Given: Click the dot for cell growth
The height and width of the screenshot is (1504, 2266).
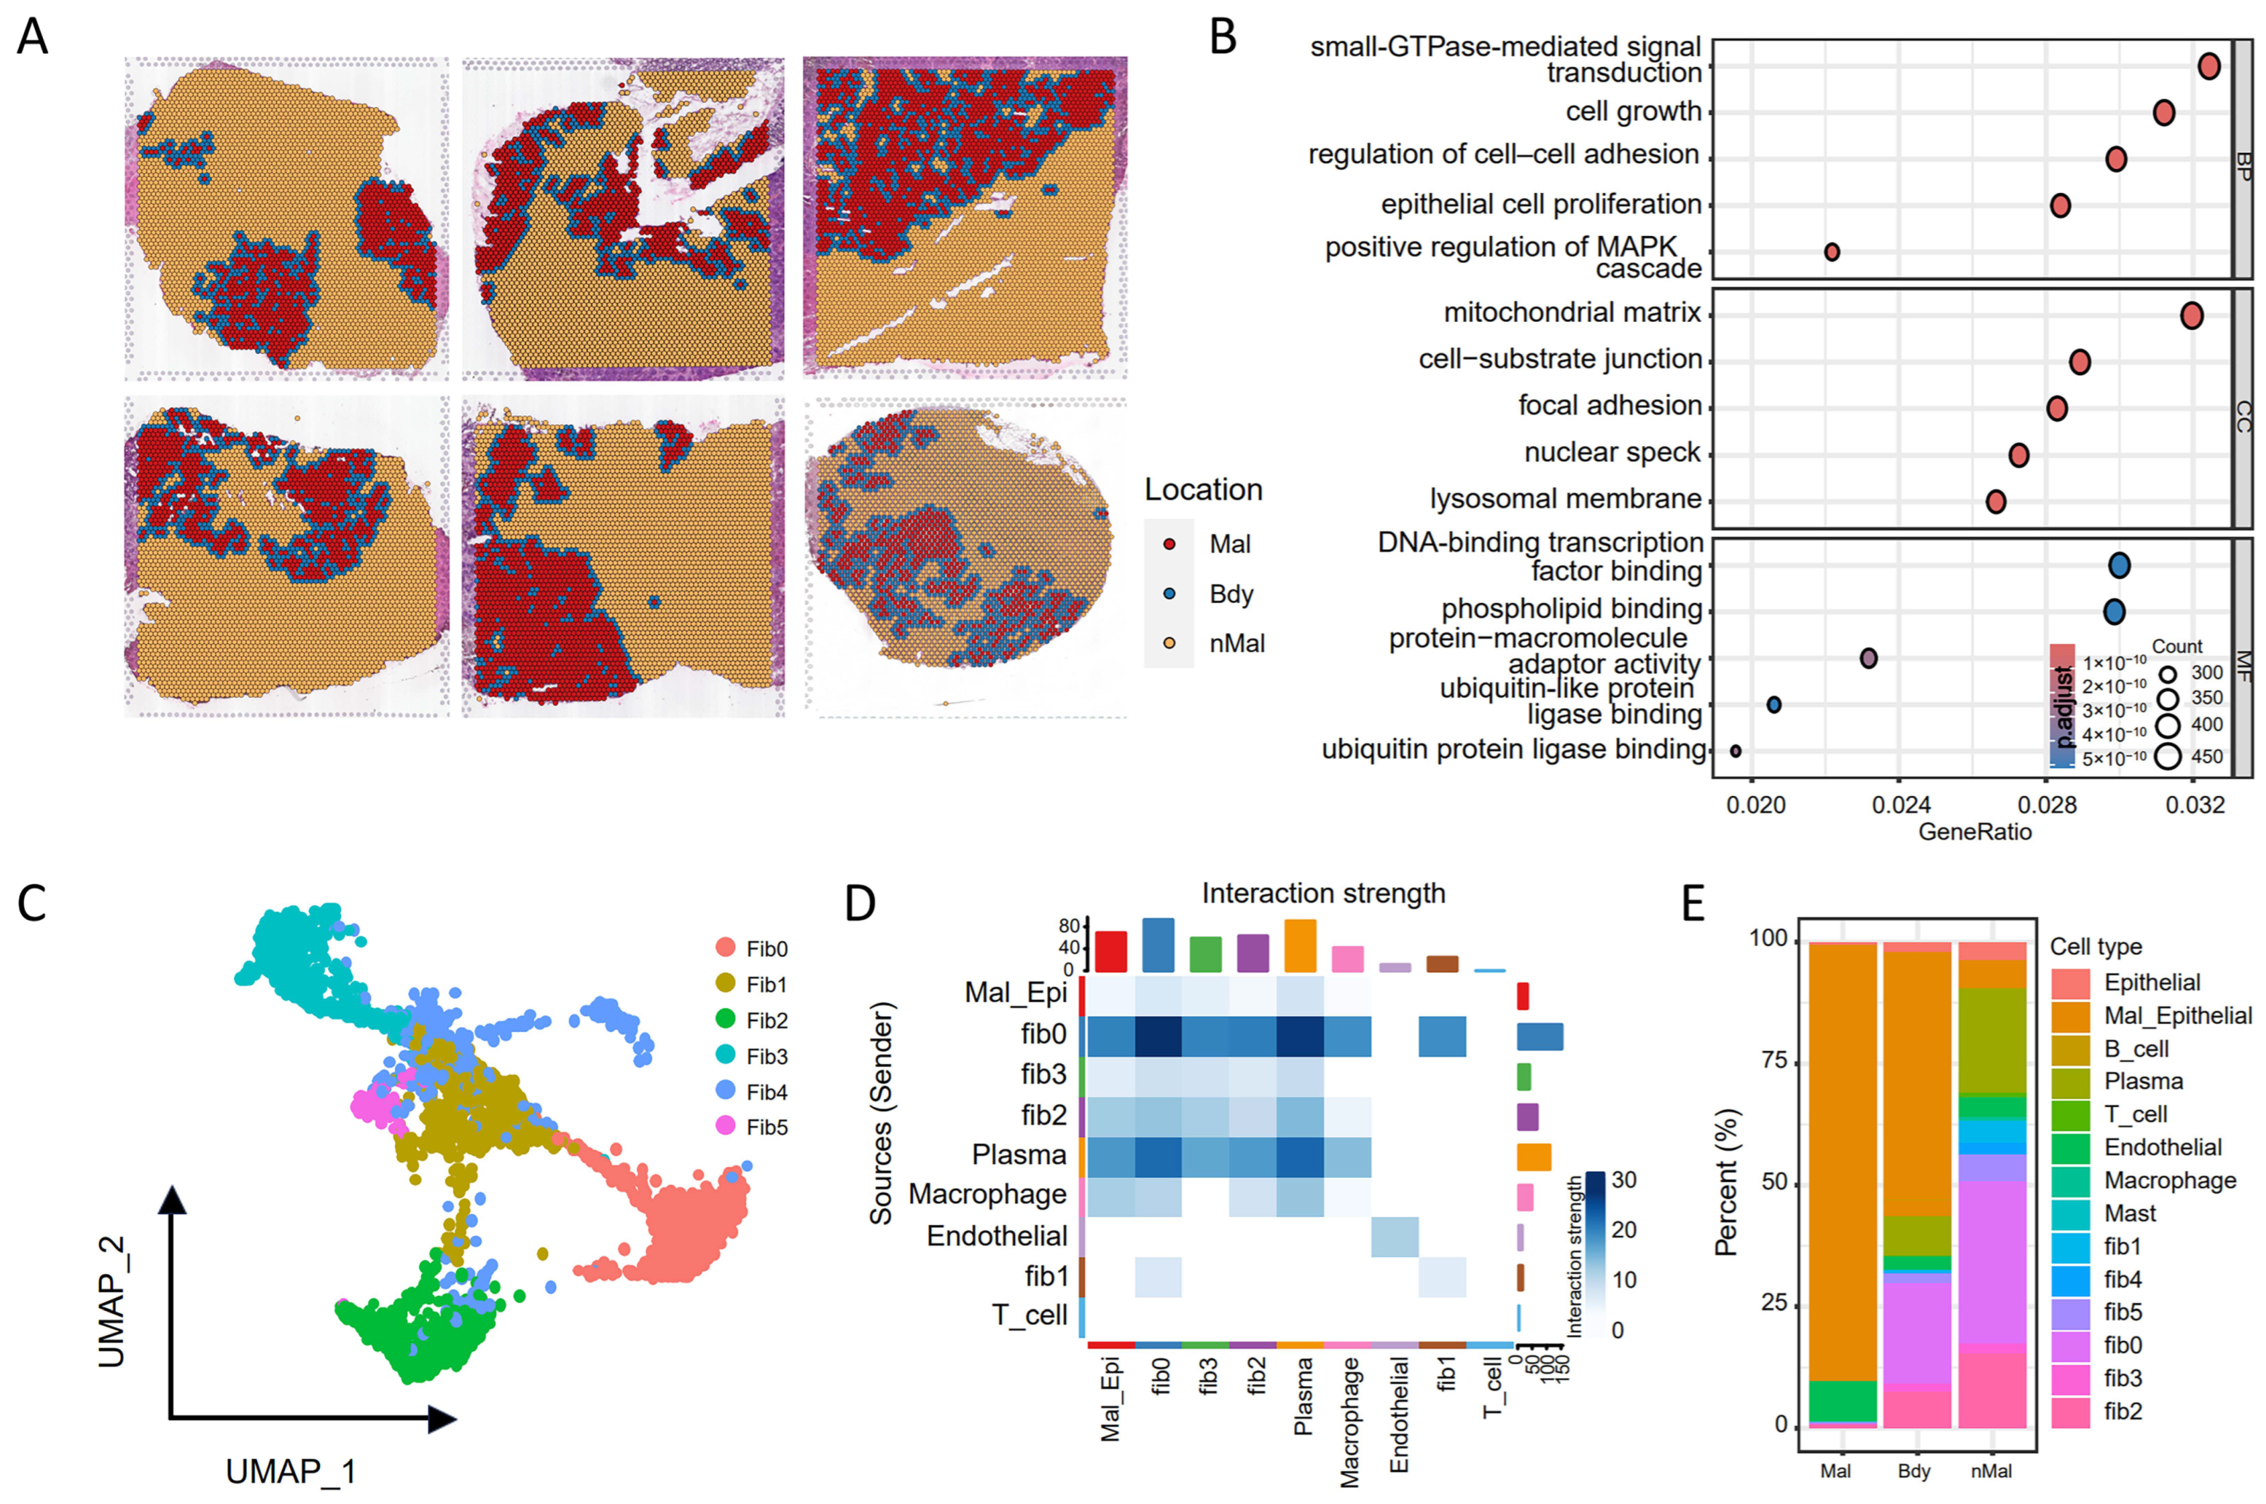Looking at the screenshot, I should click(x=2163, y=112).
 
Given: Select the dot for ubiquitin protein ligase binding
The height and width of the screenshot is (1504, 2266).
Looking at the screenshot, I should click(x=1735, y=751).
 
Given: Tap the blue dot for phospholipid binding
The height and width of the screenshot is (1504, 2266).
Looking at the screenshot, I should click(x=2114, y=611).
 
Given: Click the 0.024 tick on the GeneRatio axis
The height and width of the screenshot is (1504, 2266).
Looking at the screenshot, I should click(x=1900, y=805).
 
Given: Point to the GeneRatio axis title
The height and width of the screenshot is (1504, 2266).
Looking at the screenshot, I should click(x=1974, y=831).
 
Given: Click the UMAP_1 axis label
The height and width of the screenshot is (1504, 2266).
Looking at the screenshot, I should click(x=290, y=1470).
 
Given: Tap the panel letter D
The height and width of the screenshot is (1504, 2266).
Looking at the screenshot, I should click(x=859, y=904).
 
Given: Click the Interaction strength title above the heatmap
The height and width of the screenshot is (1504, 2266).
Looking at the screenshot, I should click(x=1323, y=893).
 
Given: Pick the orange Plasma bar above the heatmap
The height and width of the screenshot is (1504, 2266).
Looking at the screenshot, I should click(x=1300, y=945).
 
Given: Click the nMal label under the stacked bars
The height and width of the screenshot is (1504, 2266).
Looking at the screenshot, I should click(x=1992, y=1470).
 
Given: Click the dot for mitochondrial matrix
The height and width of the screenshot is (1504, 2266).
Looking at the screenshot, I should click(x=2191, y=316).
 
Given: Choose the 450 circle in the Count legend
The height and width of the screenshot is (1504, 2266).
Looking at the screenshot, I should click(x=2167, y=756).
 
